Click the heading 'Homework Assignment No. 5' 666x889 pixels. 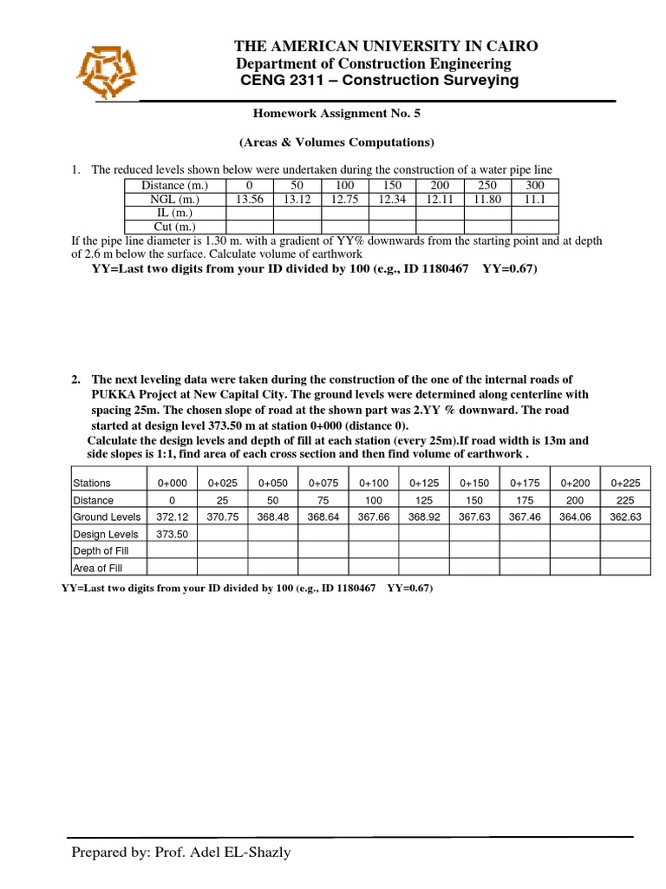(x=336, y=113)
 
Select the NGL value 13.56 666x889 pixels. (x=250, y=199)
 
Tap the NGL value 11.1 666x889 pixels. (x=535, y=199)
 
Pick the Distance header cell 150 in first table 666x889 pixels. (x=393, y=185)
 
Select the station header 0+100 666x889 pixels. (x=375, y=483)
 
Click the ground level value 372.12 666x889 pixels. (x=172, y=516)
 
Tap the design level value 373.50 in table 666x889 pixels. (x=172, y=533)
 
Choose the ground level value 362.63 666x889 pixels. (x=625, y=516)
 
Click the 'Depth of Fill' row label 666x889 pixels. (x=101, y=550)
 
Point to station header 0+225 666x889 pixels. (x=625, y=483)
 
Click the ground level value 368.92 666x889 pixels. (x=425, y=516)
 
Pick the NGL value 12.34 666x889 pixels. (x=393, y=199)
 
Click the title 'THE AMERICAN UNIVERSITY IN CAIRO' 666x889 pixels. (x=387, y=46)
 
